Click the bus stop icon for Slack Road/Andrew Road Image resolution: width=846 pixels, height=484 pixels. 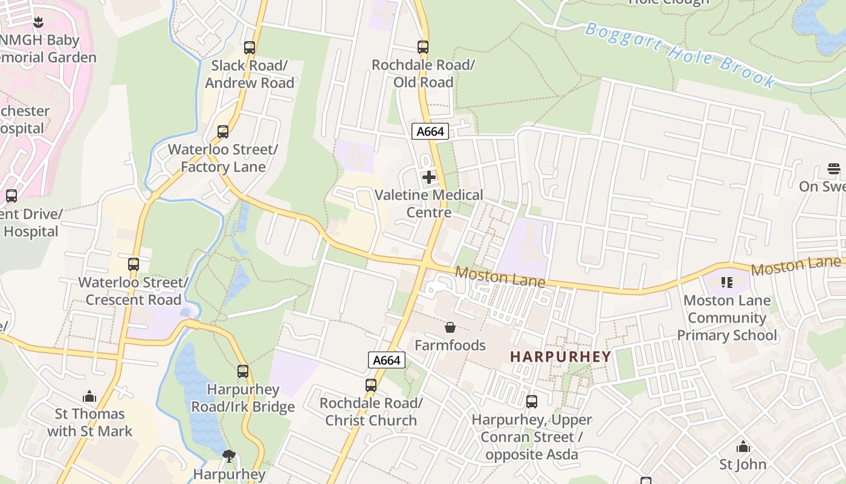249,47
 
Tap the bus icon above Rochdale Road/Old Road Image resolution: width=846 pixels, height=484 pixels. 423,47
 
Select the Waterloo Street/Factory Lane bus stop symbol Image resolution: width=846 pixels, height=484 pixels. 223,131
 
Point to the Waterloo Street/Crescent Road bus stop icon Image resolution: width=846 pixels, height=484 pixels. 134,264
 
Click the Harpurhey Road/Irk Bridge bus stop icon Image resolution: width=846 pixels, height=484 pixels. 243,371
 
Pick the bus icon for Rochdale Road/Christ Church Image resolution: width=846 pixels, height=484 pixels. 371,385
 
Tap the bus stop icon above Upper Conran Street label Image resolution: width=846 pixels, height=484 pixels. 532,402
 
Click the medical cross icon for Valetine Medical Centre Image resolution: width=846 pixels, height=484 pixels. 429,177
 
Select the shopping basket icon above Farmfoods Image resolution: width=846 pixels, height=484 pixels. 450,327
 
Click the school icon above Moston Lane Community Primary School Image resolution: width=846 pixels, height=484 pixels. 727,283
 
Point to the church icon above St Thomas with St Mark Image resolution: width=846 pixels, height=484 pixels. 89,397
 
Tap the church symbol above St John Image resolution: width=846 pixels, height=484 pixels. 743,447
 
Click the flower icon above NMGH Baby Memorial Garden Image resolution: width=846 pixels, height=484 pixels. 38,23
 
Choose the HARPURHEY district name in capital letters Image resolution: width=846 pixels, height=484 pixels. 561,356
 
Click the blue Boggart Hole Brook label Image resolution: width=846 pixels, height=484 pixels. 680,54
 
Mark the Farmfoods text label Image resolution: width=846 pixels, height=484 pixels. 450,345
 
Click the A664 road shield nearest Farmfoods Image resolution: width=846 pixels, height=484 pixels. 386,360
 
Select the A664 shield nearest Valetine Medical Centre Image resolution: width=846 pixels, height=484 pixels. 430,131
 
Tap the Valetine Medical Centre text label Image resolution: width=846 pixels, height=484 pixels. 429,204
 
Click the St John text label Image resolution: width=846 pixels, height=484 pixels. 743,465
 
